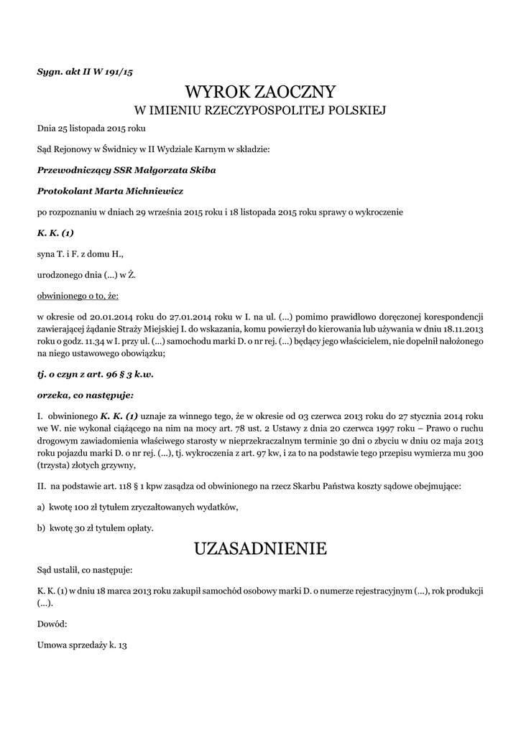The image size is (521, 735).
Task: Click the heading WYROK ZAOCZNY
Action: click(x=260, y=92)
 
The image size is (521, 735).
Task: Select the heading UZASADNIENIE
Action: click(x=260, y=549)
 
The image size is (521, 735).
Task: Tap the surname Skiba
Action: click(x=200, y=171)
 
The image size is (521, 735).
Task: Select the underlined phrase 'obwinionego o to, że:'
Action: click(x=78, y=295)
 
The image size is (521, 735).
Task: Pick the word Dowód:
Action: click(x=52, y=624)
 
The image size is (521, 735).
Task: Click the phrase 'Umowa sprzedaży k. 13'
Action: click(x=82, y=645)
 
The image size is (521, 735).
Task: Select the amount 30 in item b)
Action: click(x=83, y=528)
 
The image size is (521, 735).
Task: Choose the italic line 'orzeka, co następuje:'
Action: click(x=86, y=395)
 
